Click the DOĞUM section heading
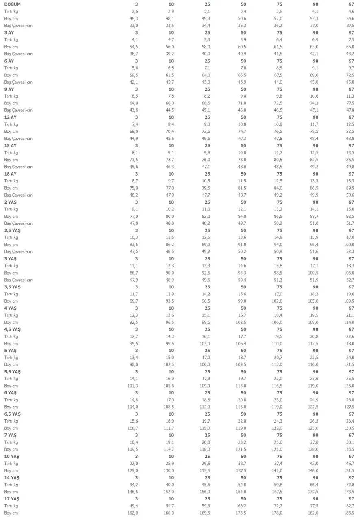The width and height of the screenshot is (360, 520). pos(13,4)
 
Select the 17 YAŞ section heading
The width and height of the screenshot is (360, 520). pos(12,498)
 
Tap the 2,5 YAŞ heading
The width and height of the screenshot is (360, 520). pos(12,230)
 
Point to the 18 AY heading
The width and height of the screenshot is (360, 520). pos(11,174)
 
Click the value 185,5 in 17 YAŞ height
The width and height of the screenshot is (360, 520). pos(349,513)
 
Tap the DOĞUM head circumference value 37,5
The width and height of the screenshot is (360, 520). pos(350,25)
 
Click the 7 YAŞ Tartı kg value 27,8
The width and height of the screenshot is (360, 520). pos(314,442)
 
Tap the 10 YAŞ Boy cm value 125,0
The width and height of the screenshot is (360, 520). pos(133,470)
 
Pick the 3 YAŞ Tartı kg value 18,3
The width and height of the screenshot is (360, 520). pos(350,266)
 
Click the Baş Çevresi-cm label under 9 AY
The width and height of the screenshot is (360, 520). pos(18,110)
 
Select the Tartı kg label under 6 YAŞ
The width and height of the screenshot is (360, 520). pos(11,400)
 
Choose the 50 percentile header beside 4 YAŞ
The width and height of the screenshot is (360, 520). pos(243,308)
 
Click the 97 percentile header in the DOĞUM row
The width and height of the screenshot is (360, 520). pos(351,4)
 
